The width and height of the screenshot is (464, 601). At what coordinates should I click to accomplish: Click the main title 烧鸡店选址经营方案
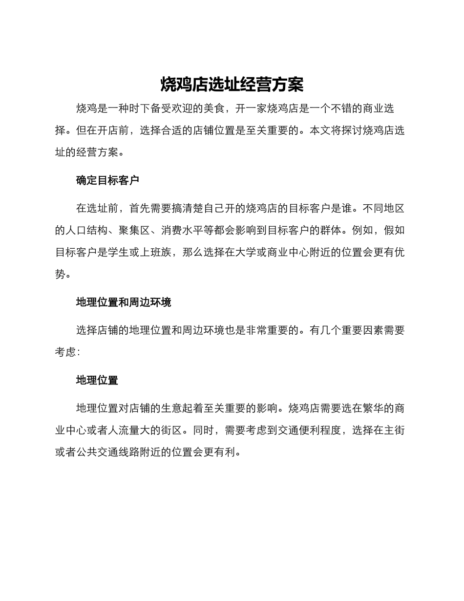click(232, 85)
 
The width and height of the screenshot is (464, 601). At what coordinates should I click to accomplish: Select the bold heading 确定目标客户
click(107, 180)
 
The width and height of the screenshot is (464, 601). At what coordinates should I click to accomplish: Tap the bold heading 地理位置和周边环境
click(124, 302)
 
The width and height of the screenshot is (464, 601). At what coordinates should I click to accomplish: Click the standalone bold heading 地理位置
click(97, 380)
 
